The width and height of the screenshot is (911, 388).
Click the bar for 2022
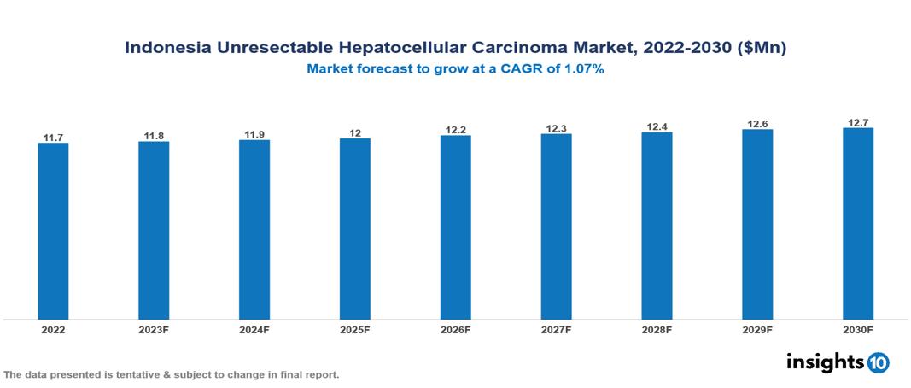pyautogui.click(x=53, y=231)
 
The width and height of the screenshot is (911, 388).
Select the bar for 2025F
pyautogui.click(x=354, y=229)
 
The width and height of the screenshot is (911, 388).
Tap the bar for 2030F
pyautogui.click(x=857, y=224)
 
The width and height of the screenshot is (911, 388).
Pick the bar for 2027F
pyautogui.click(x=556, y=226)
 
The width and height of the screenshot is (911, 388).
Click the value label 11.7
pyautogui.click(x=53, y=137)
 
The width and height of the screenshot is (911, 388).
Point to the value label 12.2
pyautogui.click(x=455, y=130)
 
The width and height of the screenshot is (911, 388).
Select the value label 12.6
pyautogui.click(x=757, y=123)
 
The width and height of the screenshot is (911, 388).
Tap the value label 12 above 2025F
pyautogui.click(x=354, y=132)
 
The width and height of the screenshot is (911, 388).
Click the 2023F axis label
pyautogui.click(x=154, y=329)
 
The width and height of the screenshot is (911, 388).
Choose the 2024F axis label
pyautogui.click(x=254, y=329)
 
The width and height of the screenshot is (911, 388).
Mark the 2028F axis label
pyautogui.click(x=657, y=329)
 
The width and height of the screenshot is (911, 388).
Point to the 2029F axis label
pyautogui.click(x=757, y=329)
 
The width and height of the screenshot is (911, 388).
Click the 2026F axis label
pyautogui.click(x=455, y=329)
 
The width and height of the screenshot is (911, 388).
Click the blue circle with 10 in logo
pyautogui.click(x=878, y=362)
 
